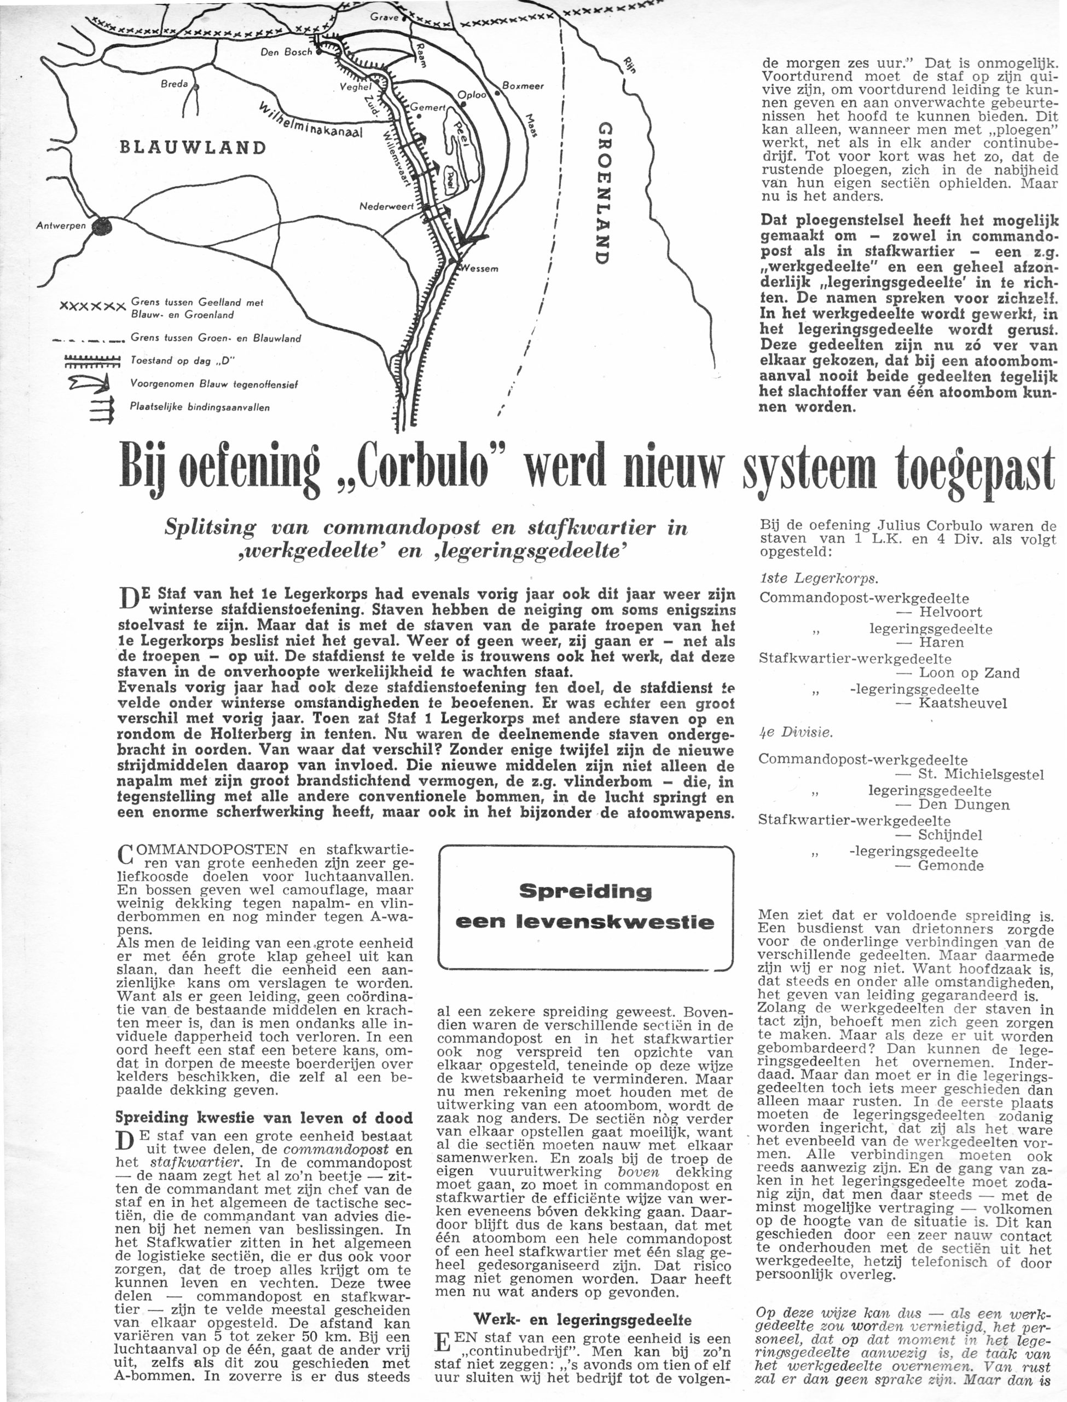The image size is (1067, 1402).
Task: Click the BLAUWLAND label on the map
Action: (193, 147)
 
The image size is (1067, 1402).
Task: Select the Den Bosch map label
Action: (286, 53)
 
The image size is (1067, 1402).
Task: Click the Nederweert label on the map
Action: (386, 206)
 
